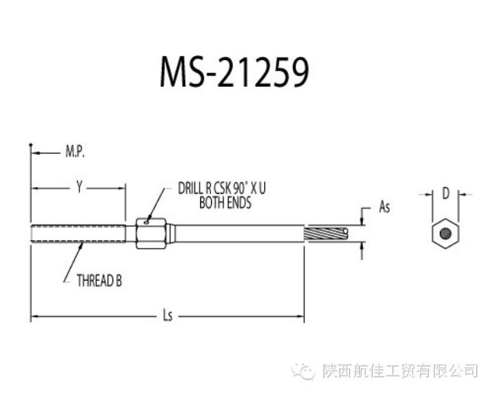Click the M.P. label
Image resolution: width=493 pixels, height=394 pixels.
(x=75, y=152)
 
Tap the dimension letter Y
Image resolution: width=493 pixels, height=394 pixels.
(x=78, y=185)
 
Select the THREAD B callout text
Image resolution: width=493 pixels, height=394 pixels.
(x=99, y=281)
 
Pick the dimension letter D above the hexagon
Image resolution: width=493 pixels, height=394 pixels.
(x=444, y=194)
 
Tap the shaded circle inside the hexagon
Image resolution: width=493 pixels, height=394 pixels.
(x=444, y=232)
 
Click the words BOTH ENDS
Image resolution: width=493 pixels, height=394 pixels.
(x=224, y=203)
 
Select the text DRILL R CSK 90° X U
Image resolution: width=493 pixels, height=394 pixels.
(x=222, y=188)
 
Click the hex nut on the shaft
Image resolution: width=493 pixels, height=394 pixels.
(x=153, y=232)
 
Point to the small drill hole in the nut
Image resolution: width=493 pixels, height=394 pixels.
(x=149, y=222)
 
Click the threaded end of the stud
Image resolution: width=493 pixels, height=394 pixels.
(x=77, y=232)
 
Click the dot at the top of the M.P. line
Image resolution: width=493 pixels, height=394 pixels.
(x=31, y=145)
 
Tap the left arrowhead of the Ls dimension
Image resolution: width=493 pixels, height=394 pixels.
(x=34, y=316)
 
